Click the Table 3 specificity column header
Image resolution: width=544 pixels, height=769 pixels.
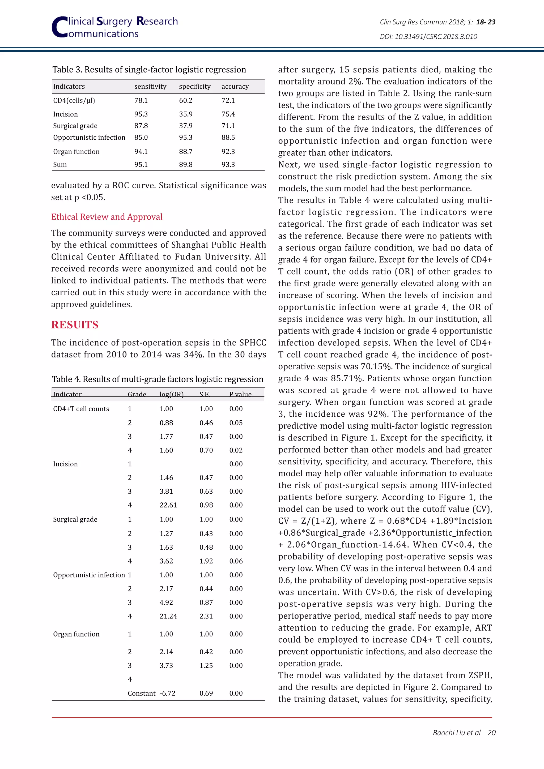point(195,86)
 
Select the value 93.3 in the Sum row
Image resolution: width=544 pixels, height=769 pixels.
point(228,164)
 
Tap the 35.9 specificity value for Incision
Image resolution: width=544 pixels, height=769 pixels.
point(186,114)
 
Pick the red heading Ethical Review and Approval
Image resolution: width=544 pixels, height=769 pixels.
point(107,217)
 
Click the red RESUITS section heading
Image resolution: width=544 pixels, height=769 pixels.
point(75,324)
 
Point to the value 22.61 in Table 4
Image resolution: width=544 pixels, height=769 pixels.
point(168,505)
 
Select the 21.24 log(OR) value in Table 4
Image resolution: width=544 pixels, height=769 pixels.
point(168,616)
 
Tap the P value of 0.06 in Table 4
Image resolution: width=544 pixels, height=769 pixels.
point(236,561)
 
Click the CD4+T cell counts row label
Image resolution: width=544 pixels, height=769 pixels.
point(81,409)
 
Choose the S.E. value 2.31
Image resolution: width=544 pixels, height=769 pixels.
point(206,616)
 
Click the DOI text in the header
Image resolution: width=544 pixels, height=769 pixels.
point(428,36)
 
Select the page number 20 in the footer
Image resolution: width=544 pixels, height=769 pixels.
point(491,733)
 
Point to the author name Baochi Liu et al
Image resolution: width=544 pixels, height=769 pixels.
point(457,733)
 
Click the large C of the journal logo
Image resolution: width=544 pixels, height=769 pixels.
point(59,27)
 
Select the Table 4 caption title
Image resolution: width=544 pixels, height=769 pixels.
point(158,379)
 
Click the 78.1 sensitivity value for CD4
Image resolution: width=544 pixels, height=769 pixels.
point(141,100)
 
